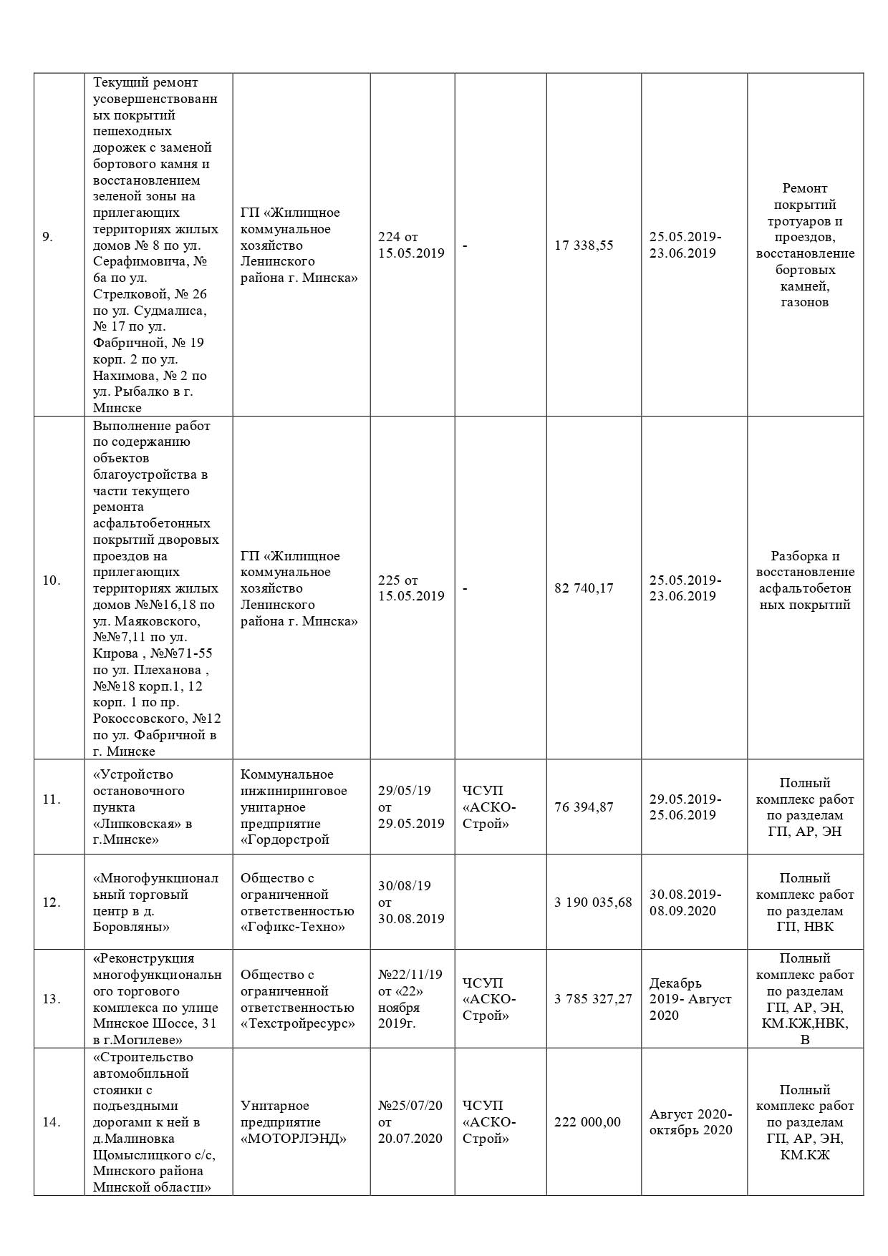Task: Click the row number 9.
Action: (47, 237)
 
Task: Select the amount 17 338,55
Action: (584, 245)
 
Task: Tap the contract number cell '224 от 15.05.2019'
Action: (411, 245)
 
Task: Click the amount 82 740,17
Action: (584, 588)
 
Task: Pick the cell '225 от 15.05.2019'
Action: (411, 588)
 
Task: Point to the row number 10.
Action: (51, 580)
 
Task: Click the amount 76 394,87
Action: (584, 807)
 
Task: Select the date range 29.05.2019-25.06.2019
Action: (685, 807)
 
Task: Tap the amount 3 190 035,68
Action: (593, 902)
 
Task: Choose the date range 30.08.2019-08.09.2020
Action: (685, 902)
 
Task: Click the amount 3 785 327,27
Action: (593, 999)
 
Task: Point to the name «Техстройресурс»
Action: (298, 1024)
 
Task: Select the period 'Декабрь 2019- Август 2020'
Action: (690, 999)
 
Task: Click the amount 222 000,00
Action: (587, 1122)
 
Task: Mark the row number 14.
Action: (51, 1122)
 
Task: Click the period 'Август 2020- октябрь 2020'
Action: (690, 1122)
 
